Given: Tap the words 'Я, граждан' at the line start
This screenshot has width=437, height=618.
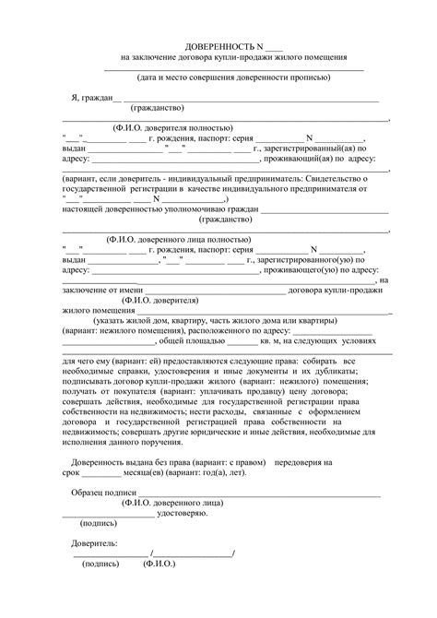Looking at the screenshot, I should tap(91, 98).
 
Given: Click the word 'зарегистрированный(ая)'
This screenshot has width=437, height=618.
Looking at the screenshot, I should tap(313, 148).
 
